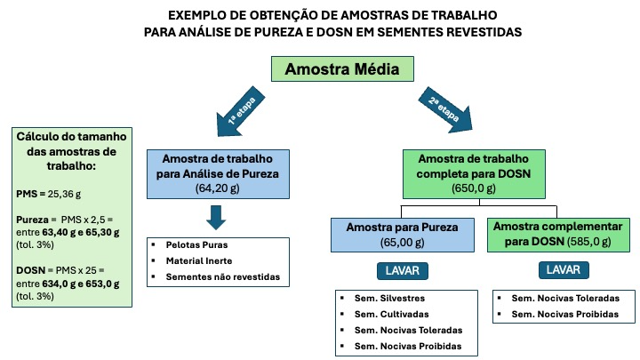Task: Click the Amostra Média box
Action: tap(342, 69)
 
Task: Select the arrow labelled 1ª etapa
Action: tap(241, 111)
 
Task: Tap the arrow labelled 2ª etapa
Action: tap(445, 110)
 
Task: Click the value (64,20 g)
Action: tap(218, 188)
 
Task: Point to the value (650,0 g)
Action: tap(474, 188)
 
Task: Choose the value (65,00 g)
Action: tap(402, 243)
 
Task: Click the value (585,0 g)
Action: tap(588, 242)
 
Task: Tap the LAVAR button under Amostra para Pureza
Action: tap(403, 271)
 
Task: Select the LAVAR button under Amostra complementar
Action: tap(564, 270)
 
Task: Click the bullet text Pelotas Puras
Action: tap(196, 245)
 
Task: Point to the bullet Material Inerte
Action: tap(199, 260)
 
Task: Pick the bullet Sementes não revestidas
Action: tap(223, 276)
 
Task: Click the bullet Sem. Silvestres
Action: tap(389, 299)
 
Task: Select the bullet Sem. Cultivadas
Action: tap(391, 315)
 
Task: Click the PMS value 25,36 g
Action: tap(64, 194)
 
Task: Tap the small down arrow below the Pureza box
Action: tap(216, 218)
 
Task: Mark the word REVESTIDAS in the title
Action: tap(484, 32)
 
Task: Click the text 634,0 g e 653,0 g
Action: tap(80, 284)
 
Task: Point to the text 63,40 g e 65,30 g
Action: tap(80, 232)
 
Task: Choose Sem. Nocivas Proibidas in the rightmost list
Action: tap(565, 315)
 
